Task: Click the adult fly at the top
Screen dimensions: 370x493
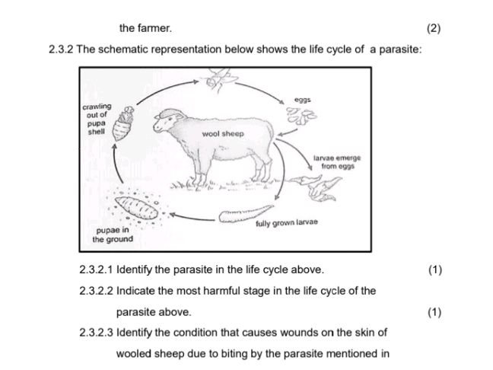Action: click(x=215, y=79)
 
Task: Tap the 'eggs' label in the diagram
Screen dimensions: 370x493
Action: click(x=303, y=100)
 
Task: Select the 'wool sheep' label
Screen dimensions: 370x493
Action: click(x=223, y=133)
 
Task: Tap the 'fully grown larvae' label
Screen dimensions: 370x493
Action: click(x=286, y=222)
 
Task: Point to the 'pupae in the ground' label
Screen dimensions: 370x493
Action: click(x=113, y=234)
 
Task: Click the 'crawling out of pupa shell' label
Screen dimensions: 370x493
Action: click(x=97, y=119)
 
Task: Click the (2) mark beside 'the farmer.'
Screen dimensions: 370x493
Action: click(x=434, y=29)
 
